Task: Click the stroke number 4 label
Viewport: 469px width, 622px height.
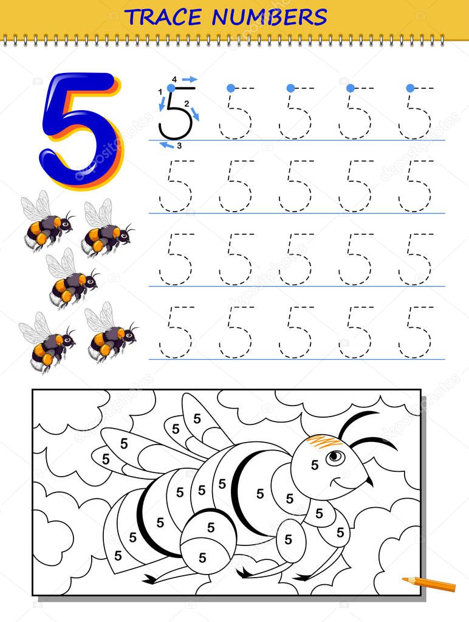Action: tap(174, 80)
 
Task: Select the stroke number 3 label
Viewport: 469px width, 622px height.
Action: tap(179, 146)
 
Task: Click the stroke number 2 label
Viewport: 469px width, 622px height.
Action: tap(187, 103)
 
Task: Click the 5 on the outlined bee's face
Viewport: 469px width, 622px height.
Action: tap(315, 465)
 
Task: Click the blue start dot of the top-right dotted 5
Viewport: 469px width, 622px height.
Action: tap(410, 88)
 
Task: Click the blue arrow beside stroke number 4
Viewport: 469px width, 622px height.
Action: tap(190, 79)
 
